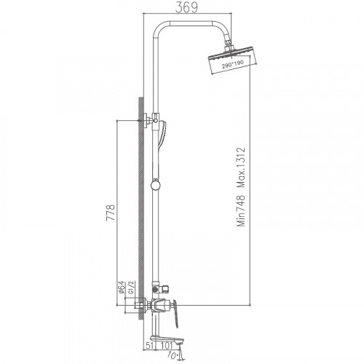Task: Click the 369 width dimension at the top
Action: pyautogui.click(x=186, y=7)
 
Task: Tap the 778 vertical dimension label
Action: pyautogui.click(x=111, y=213)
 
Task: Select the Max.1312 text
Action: pyautogui.click(x=241, y=167)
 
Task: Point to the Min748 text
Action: pyautogui.click(x=241, y=210)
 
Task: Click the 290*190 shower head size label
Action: pyautogui.click(x=232, y=63)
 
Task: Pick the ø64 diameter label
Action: pyautogui.click(x=122, y=288)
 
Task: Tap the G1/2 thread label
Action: pyautogui.click(x=131, y=288)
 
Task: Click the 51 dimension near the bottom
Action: pyautogui.click(x=150, y=345)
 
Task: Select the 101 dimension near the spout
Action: pyautogui.click(x=167, y=345)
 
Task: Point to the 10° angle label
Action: pyautogui.click(x=173, y=356)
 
